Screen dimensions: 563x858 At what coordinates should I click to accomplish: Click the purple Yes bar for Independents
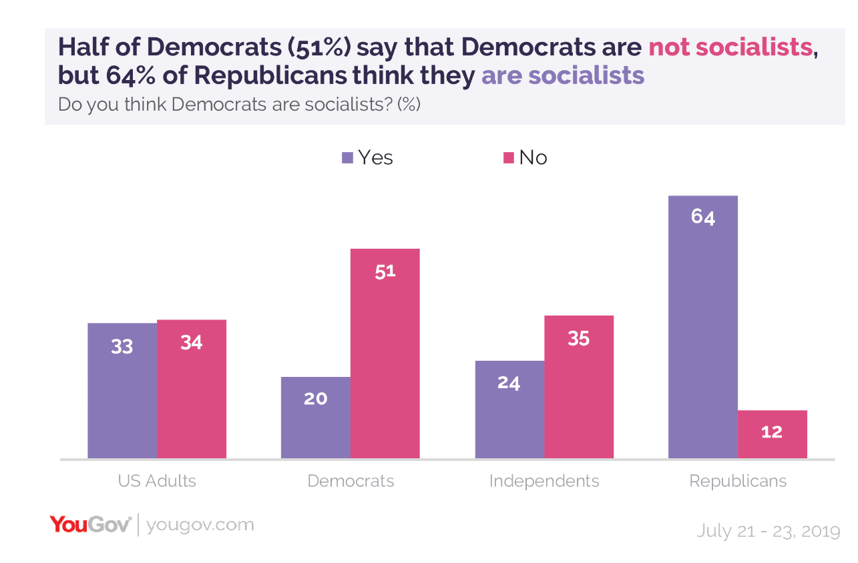click(509, 410)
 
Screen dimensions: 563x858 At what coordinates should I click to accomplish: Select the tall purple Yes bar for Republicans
click(702, 327)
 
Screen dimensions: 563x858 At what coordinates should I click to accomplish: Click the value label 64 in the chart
click(703, 217)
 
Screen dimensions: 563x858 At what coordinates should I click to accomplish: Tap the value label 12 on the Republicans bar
click(772, 432)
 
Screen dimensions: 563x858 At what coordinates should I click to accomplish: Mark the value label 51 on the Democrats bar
click(385, 271)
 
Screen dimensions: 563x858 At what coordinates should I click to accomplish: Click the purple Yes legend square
click(347, 158)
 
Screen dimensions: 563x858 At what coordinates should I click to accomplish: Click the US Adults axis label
click(157, 481)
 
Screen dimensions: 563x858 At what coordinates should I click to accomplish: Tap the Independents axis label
click(544, 481)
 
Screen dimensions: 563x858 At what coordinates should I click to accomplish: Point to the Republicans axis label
click(738, 481)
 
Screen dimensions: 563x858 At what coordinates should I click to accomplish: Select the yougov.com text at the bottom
click(200, 525)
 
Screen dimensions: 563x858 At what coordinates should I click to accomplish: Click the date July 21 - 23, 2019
click(768, 531)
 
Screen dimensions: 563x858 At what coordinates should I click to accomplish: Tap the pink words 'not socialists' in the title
click(730, 47)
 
